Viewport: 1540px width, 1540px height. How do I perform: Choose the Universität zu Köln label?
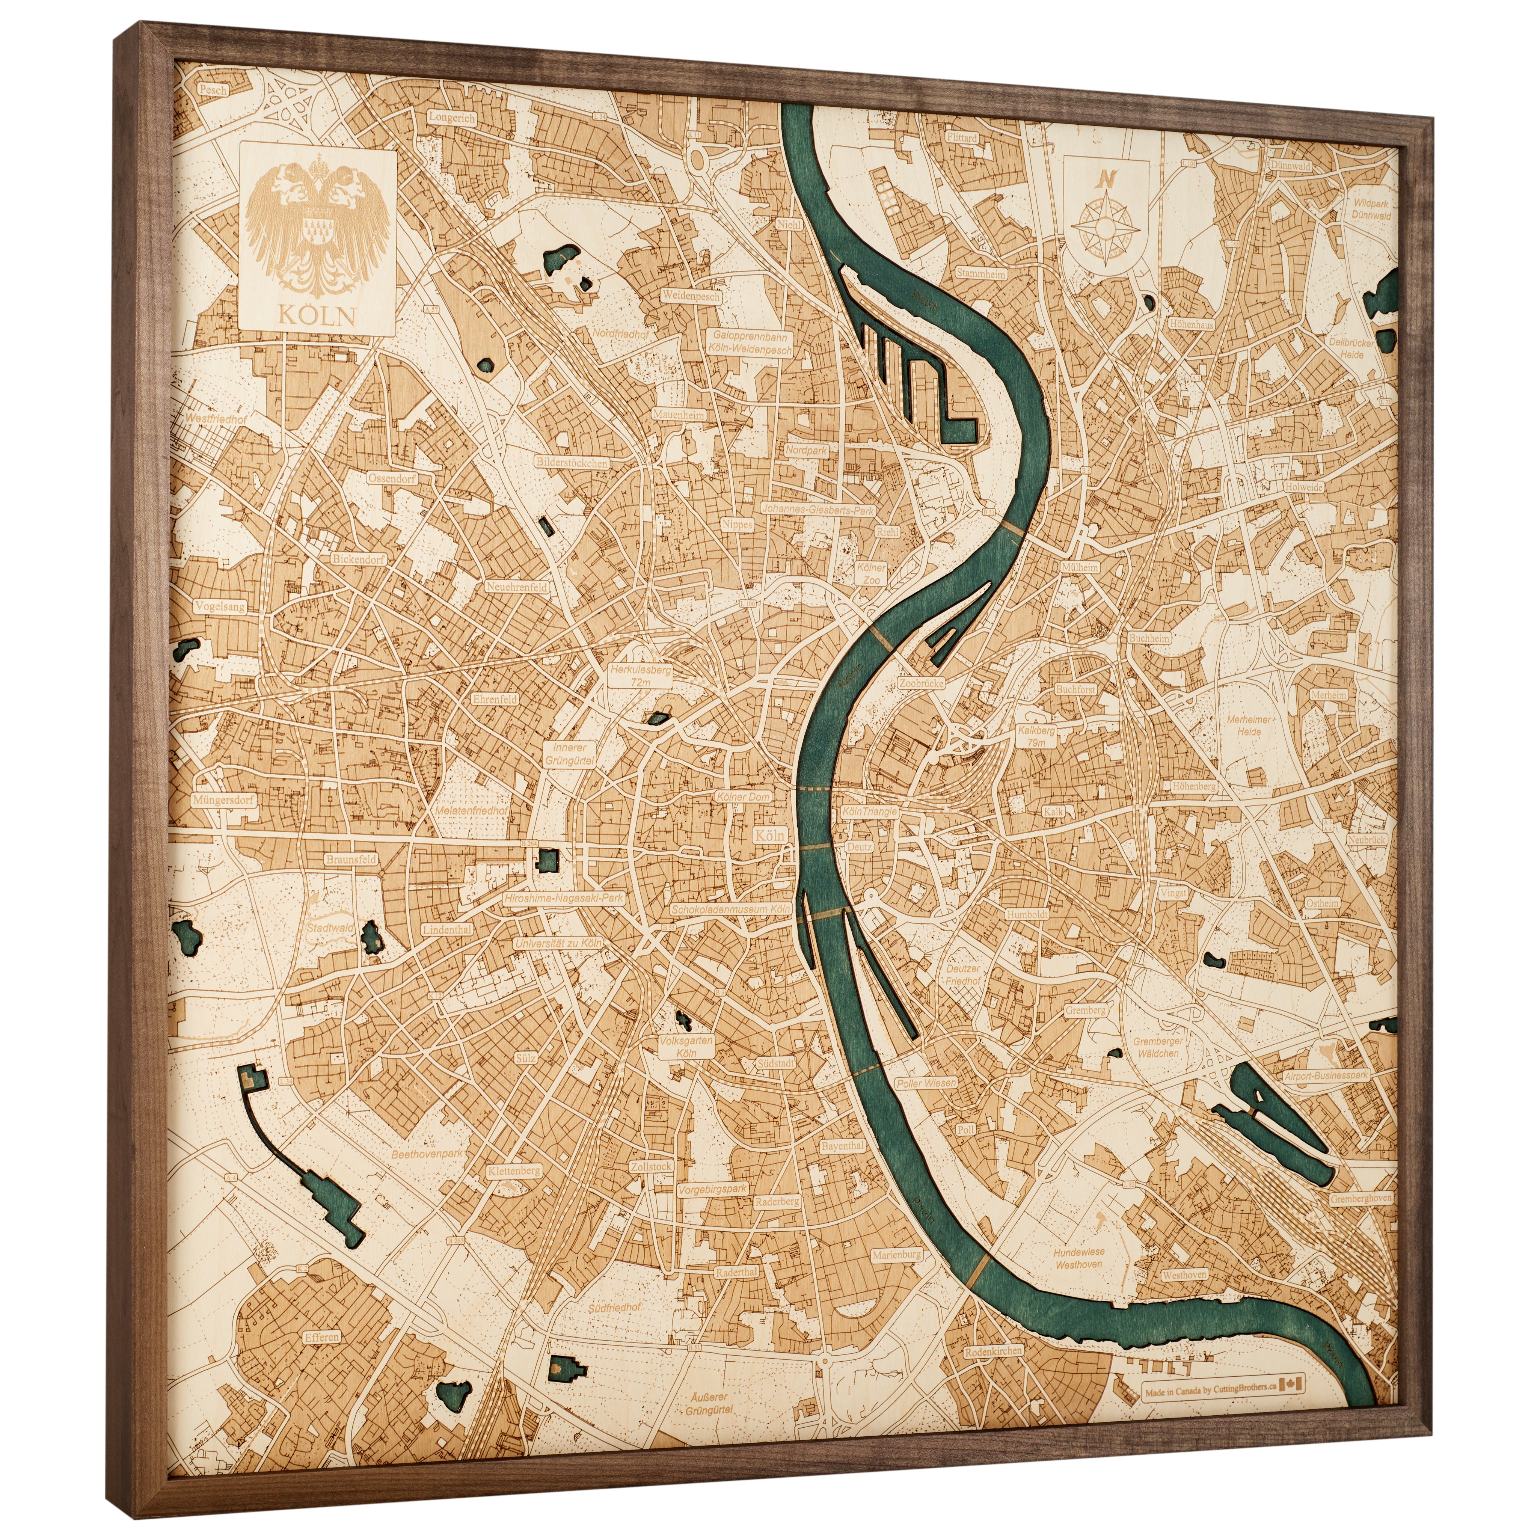[558, 942]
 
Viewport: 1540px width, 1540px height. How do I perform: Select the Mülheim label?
[1079, 567]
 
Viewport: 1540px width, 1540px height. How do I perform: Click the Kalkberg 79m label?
[1036, 736]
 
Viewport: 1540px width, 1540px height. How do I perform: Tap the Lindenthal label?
[447, 929]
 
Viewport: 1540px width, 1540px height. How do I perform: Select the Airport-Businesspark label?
[1326, 1075]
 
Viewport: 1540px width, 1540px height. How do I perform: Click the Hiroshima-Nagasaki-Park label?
[564, 897]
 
